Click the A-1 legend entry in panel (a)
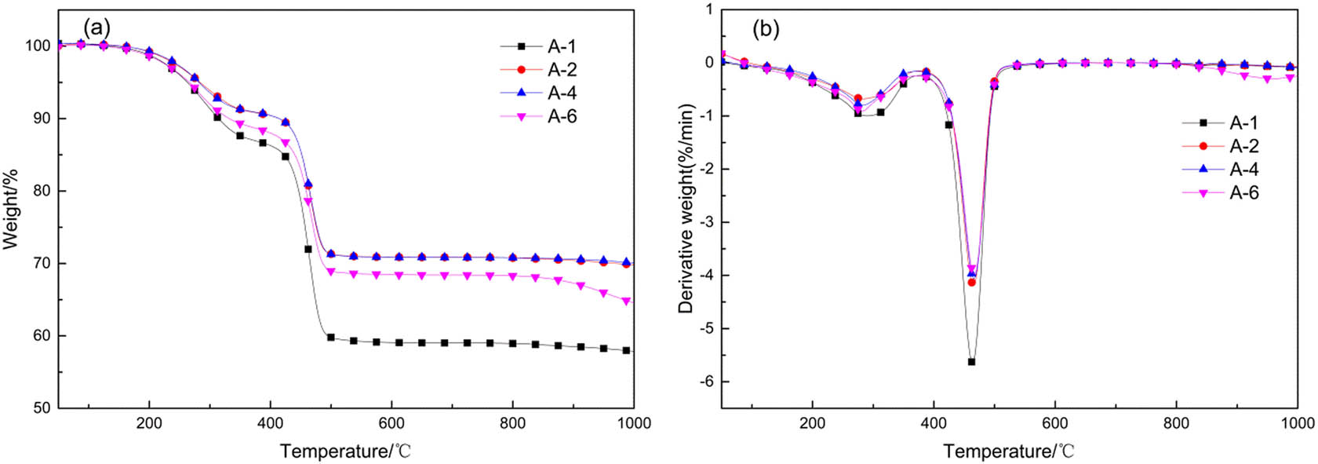pyautogui.click(x=561, y=46)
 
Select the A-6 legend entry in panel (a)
pyautogui.click(x=561, y=116)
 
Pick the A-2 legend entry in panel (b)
pyautogui.click(x=1243, y=146)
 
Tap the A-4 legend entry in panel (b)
pyautogui.click(x=1243, y=170)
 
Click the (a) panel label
pyautogui.click(x=96, y=28)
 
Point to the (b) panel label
pyautogui.click(x=766, y=29)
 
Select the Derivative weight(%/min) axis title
pyautogui.click(x=687, y=209)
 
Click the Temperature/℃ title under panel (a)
pyautogui.click(x=346, y=451)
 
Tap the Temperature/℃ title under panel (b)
pyautogui.click(x=1009, y=451)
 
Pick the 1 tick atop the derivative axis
pyautogui.click(x=709, y=9)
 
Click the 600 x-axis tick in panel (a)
pyautogui.click(x=391, y=424)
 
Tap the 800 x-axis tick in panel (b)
pyautogui.click(x=1176, y=424)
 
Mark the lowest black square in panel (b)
pyautogui.click(x=971, y=362)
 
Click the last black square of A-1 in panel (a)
pyautogui.click(x=626, y=350)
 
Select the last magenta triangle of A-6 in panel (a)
pyautogui.click(x=626, y=301)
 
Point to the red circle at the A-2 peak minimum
pyautogui.click(x=971, y=282)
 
